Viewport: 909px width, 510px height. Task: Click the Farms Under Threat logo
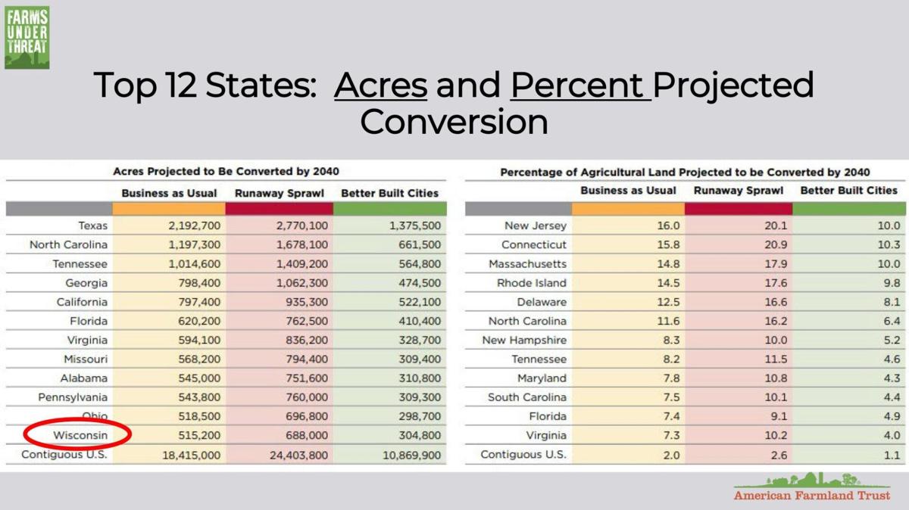click(x=27, y=38)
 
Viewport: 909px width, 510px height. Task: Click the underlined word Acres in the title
click(x=380, y=86)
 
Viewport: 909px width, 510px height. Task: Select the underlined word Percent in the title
click(x=579, y=86)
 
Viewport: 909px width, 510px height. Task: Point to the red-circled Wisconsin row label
click(x=80, y=435)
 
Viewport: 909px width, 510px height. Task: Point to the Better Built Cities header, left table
click(x=389, y=193)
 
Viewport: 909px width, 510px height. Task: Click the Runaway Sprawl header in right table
click(x=738, y=191)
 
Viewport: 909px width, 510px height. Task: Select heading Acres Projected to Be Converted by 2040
click(x=226, y=172)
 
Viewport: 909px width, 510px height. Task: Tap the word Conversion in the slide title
click(x=453, y=122)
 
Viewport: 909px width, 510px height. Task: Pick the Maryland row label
click(x=542, y=378)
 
